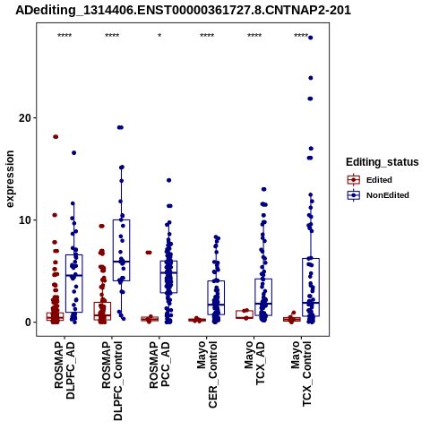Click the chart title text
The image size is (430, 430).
183,11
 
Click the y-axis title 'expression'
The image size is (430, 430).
10,179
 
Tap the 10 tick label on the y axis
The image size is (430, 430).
25,220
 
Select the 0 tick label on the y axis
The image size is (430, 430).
28,322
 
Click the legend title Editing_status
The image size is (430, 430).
383,162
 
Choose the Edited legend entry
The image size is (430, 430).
370,180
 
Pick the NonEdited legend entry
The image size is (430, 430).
378,195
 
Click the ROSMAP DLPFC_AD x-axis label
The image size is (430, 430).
64,370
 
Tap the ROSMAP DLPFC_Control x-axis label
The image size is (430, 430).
112,381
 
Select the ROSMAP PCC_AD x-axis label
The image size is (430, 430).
159,365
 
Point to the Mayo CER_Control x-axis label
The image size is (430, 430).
207,374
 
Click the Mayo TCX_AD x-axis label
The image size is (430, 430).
254,363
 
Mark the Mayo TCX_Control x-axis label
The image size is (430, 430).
302,374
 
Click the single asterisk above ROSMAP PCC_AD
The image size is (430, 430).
159,36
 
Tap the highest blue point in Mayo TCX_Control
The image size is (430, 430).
311,38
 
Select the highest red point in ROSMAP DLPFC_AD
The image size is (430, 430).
56,137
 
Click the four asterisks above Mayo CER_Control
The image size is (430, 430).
207,36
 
